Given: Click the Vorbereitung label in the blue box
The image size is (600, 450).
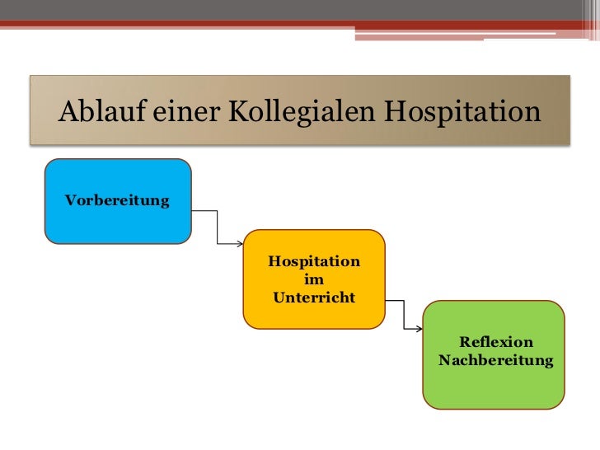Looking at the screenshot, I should [117, 201].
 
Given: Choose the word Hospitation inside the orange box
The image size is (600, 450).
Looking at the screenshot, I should [314, 262].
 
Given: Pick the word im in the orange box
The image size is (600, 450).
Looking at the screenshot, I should [314, 280].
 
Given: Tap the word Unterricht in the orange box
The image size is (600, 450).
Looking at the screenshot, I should [314, 298].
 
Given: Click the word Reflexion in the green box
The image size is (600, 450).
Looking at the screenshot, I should [496, 342].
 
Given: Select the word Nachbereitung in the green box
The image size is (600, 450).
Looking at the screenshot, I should [496, 360].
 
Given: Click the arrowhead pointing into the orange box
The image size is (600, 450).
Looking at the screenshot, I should [240, 244].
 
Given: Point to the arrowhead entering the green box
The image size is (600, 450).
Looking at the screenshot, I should [420, 330].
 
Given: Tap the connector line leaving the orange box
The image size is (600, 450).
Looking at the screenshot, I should [404, 314].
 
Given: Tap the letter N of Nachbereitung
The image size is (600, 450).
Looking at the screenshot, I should [444, 360].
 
